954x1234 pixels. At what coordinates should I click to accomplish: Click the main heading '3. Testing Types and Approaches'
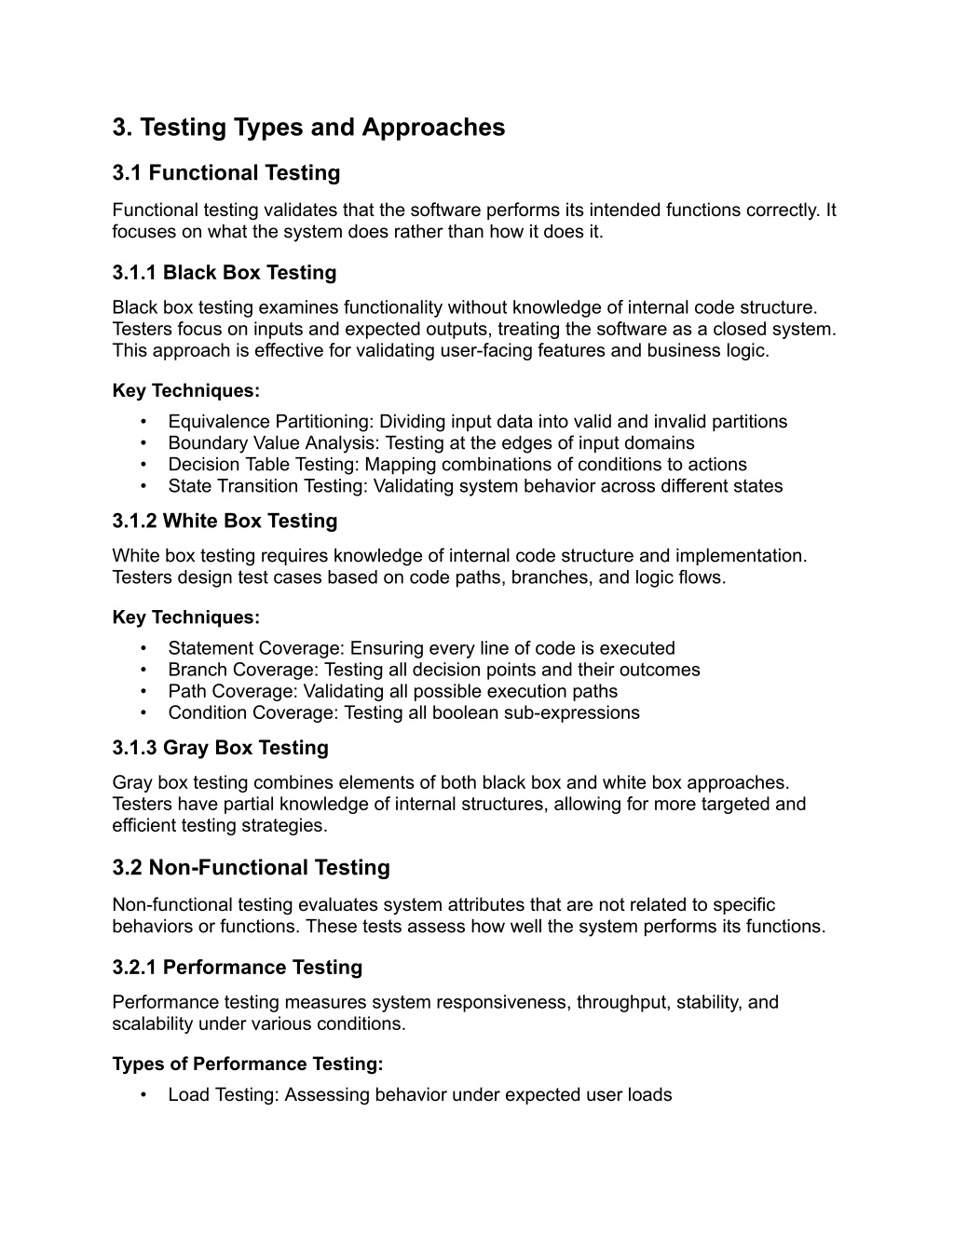point(308,128)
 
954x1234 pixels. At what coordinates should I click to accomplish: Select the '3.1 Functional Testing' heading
point(226,173)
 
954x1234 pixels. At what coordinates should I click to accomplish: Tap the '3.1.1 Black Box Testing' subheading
point(224,273)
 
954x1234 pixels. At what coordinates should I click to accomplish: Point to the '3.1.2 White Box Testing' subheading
point(225,521)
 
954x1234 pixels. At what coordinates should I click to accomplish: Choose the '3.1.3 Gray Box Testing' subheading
point(220,748)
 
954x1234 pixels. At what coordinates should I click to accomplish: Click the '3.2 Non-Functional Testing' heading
point(251,868)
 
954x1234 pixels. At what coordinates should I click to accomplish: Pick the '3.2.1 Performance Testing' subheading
point(237,968)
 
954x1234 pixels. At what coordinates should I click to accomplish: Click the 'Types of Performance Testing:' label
point(247,1064)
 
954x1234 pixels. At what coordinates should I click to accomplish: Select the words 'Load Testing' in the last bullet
point(221,1095)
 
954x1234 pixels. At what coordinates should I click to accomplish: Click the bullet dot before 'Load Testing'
point(143,1095)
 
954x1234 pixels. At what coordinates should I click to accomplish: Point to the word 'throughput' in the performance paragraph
point(619,1003)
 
